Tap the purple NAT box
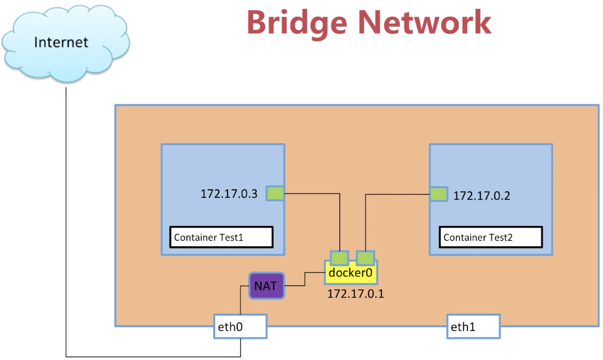[x=266, y=286]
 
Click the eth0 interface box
[x=240, y=327]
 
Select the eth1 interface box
[x=473, y=327]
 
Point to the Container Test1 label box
[x=221, y=238]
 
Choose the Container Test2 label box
[x=490, y=238]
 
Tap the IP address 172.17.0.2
[x=481, y=195]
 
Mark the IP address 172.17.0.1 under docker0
[x=356, y=293]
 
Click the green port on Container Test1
[x=275, y=194]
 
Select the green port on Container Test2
[x=438, y=194]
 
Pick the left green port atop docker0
[x=339, y=256]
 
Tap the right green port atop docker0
[x=365, y=256]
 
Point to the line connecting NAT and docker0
[x=304, y=279]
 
